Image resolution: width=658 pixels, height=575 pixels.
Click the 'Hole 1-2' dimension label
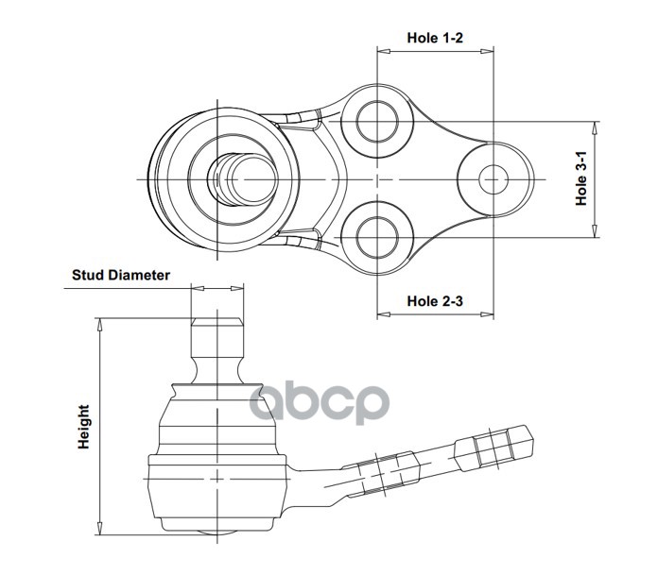pyautogui.click(x=435, y=39)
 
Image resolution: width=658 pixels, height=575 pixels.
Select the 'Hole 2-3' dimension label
pyautogui.click(x=435, y=301)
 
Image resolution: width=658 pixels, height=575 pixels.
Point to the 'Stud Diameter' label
pyautogui.click(x=121, y=276)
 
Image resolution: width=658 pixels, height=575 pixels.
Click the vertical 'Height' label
pyautogui.click(x=85, y=427)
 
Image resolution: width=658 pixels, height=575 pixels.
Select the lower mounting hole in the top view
pyautogui.click(x=376, y=233)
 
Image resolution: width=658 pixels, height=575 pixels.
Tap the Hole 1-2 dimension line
pyautogui.click(x=435, y=52)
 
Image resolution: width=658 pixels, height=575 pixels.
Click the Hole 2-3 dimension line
pyautogui.click(x=435, y=315)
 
